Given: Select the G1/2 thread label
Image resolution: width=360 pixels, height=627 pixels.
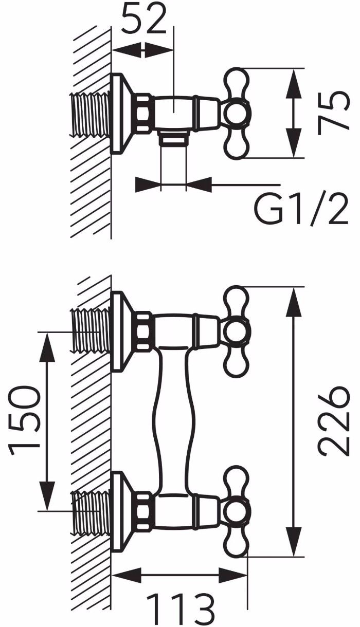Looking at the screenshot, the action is (301, 210).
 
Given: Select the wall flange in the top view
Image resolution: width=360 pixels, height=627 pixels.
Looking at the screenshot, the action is (122, 114).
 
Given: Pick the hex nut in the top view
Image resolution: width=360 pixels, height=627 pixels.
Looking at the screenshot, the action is (145, 114).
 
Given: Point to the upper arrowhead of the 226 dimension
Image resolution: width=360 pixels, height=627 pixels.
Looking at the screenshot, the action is (294, 302).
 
